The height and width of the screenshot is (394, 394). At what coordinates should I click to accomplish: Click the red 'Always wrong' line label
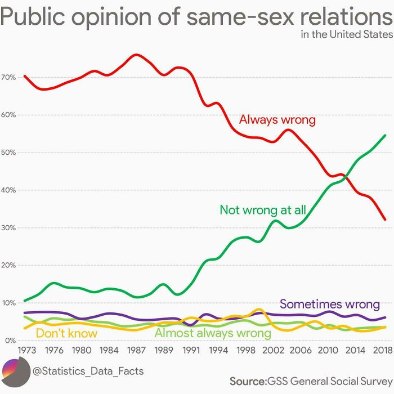click(x=277, y=119)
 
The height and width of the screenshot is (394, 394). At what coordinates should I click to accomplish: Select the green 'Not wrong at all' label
click(x=262, y=210)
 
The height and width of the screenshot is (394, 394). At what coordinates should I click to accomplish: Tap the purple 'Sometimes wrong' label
click(x=329, y=304)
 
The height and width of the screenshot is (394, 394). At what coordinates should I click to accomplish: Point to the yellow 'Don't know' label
click(x=66, y=333)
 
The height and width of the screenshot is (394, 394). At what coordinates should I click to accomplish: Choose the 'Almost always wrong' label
click(x=213, y=333)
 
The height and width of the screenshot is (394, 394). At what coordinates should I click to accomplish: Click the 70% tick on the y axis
click(x=9, y=77)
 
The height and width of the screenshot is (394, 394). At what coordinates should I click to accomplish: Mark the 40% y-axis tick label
click(x=9, y=190)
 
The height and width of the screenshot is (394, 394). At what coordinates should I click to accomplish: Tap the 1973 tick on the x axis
click(x=26, y=350)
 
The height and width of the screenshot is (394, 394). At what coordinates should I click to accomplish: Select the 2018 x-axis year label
click(x=383, y=350)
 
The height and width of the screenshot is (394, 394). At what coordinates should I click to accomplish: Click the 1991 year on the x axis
click(x=191, y=350)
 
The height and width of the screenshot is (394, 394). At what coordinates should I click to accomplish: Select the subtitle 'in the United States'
click(x=347, y=35)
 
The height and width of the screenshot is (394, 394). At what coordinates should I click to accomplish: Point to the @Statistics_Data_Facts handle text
click(x=88, y=371)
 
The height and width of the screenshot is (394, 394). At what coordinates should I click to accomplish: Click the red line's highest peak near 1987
click(x=136, y=55)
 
